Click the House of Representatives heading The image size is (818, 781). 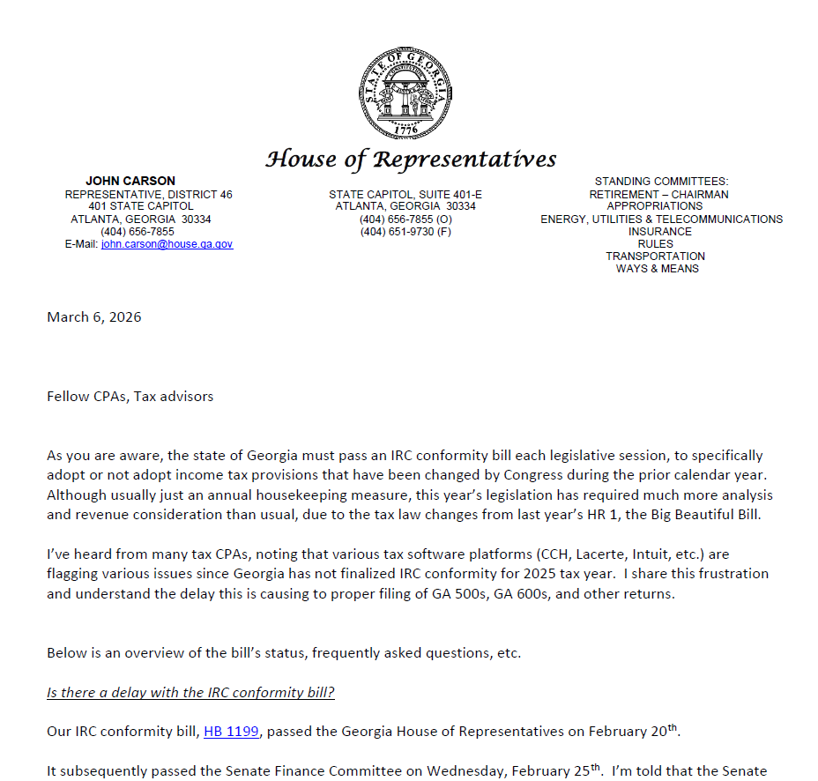[x=411, y=160]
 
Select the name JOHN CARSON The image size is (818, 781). [x=130, y=181]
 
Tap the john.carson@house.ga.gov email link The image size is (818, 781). [x=167, y=244]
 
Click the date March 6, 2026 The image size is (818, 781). [x=93, y=317]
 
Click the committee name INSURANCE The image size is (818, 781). [x=660, y=232]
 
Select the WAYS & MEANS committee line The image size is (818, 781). [x=657, y=269]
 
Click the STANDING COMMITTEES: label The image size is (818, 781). [x=661, y=182]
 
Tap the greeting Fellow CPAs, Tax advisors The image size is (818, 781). [x=130, y=397]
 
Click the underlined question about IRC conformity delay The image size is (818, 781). [x=190, y=693]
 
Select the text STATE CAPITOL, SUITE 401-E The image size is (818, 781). [x=405, y=194]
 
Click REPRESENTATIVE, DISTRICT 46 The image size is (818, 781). [x=148, y=194]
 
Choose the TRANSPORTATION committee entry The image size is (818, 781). [x=655, y=257]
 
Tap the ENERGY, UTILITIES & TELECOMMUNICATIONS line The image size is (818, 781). [x=661, y=219]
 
